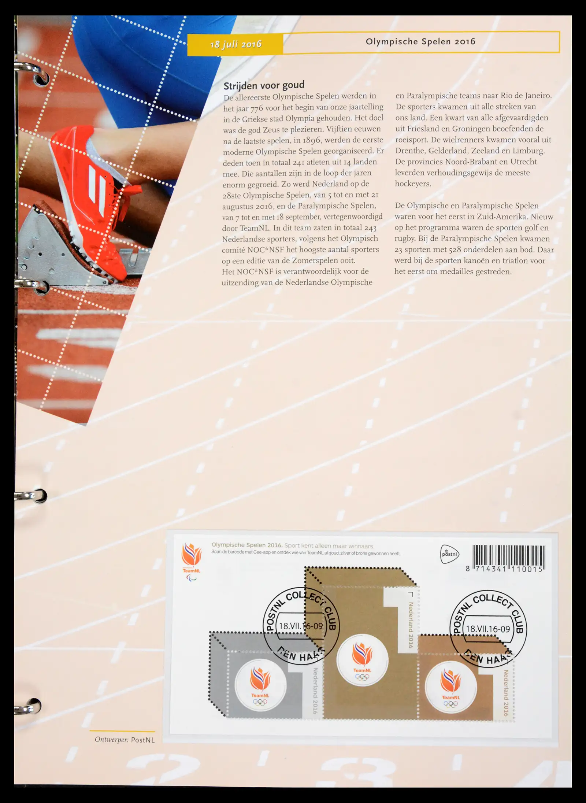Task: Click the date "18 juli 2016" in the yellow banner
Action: click(236, 44)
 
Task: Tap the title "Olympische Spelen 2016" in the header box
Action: click(420, 41)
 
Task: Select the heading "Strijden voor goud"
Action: click(264, 85)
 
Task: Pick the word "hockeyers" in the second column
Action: click(413, 184)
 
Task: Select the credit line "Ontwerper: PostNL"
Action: click(125, 740)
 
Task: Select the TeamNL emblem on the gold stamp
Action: click(362, 661)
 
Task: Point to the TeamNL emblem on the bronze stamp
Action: click(450, 688)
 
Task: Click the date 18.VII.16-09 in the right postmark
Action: click(488, 629)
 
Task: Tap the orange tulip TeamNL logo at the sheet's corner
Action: click(192, 559)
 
